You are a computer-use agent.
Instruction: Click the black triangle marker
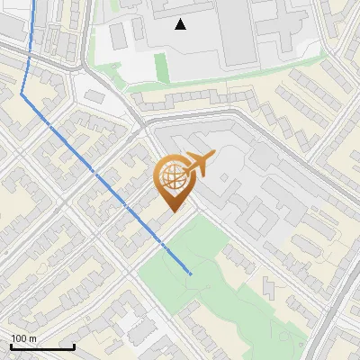tap(181, 24)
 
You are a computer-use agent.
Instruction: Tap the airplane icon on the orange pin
tap(197, 164)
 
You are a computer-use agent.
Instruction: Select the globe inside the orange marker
tap(173, 177)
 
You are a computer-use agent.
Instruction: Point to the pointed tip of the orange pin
tap(173, 212)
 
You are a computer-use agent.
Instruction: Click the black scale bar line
tap(42, 346)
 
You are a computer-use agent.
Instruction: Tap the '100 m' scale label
tap(24, 338)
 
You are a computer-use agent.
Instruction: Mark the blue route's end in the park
tap(191, 273)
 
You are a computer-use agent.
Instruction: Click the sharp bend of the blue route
tap(22, 93)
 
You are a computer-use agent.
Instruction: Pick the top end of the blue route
tap(36, 2)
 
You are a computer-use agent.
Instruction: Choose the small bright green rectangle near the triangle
tap(161, 65)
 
